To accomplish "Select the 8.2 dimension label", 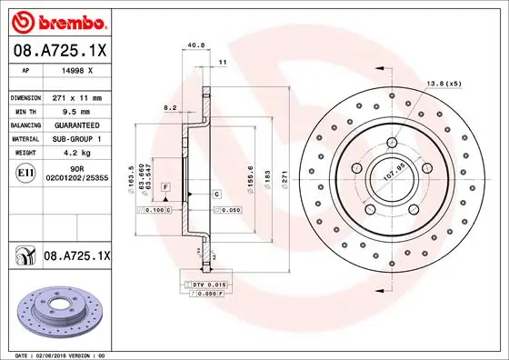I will (x=170, y=107).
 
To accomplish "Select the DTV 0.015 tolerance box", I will (x=204, y=285).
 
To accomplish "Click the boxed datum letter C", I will (x=216, y=195).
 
